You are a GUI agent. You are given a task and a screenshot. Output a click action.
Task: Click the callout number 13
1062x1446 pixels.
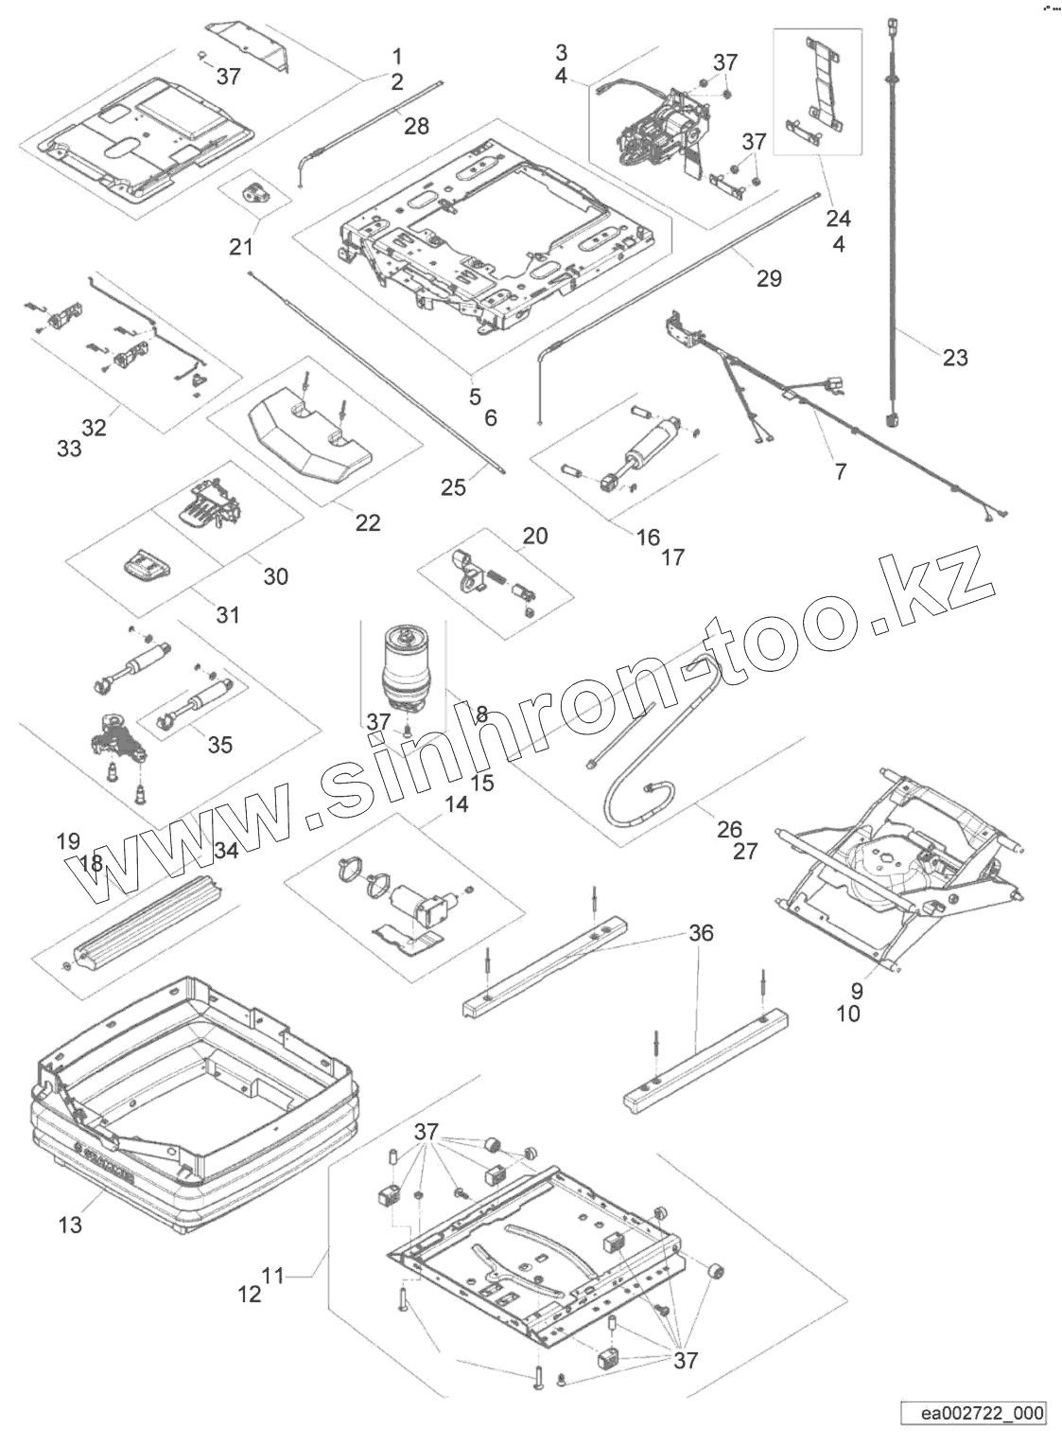pos(70,1225)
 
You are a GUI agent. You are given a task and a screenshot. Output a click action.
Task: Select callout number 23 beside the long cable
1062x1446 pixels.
pos(955,357)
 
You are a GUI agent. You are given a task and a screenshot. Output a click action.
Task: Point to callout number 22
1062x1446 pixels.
pos(367,521)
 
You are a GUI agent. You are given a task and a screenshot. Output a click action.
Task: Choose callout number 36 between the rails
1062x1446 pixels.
pos(701,934)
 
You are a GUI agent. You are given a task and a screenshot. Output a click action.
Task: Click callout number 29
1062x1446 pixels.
pos(769,277)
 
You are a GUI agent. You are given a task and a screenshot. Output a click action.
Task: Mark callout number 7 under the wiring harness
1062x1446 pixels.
pos(841,470)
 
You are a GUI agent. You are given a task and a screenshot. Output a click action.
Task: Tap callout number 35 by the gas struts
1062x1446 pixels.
pos(219,745)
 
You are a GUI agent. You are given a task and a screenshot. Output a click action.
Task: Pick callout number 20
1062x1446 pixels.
pos(535,536)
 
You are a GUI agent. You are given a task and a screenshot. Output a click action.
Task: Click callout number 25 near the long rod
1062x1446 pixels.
pos(454,486)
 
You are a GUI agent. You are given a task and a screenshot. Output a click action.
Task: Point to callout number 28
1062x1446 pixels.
pos(416,125)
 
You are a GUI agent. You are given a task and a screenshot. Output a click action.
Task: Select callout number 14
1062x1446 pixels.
pos(456,804)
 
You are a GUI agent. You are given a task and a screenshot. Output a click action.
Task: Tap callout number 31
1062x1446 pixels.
pos(227,615)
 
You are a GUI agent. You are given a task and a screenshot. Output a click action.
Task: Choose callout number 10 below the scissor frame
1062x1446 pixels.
pos(848,1014)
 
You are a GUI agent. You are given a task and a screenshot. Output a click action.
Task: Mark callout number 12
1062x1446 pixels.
pos(249,1294)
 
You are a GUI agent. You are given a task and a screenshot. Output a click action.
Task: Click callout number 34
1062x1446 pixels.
pos(226,850)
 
